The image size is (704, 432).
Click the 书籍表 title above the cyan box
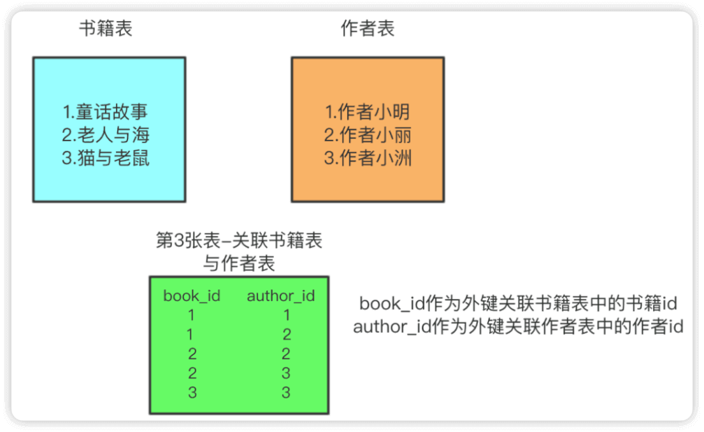pyautogui.click(x=106, y=29)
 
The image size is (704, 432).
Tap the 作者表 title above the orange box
pyautogui.click(x=368, y=29)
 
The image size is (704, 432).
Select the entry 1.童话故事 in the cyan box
pyautogui.click(x=106, y=113)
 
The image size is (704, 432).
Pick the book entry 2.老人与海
pyautogui.click(x=106, y=135)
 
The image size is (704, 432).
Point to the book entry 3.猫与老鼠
pyautogui.click(x=106, y=157)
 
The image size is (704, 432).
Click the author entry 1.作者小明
pyautogui.click(x=367, y=113)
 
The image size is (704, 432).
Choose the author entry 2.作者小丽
pyautogui.click(x=367, y=135)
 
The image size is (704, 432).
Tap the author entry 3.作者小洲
pyautogui.click(x=367, y=157)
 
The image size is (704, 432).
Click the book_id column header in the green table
pyautogui.click(x=192, y=296)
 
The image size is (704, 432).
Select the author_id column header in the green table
pyautogui.click(x=281, y=296)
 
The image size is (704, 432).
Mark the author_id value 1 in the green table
pyautogui.click(x=286, y=315)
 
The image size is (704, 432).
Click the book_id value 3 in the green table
pyautogui.click(x=192, y=393)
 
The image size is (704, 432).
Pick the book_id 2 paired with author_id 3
pyautogui.click(x=192, y=373)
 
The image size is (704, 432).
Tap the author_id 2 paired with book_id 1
pyautogui.click(x=286, y=335)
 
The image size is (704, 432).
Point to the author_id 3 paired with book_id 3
pyautogui.click(x=286, y=393)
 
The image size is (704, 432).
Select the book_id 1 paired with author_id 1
pyautogui.click(x=192, y=315)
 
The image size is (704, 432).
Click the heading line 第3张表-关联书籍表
pyautogui.click(x=239, y=240)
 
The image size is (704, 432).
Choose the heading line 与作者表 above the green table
pyautogui.click(x=239, y=261)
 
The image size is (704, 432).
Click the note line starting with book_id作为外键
pyautogui.click(x=517, y=303)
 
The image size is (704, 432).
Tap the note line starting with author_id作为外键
pyautogui.click(x=518, y=326)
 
